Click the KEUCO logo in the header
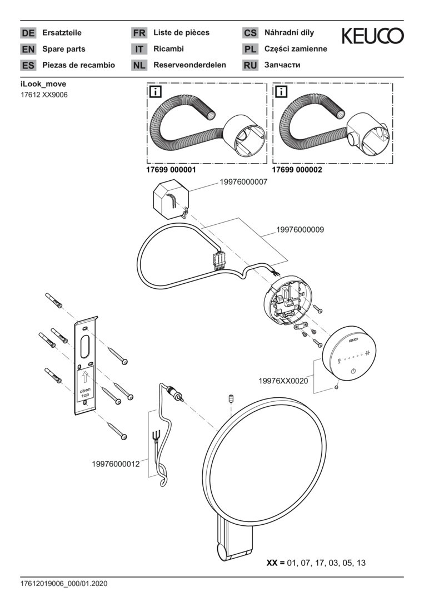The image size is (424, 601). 372,36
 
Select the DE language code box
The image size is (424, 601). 28,33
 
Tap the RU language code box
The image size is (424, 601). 250,65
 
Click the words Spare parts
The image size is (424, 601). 64,49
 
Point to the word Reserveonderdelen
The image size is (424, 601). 190,65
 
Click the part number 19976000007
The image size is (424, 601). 243,181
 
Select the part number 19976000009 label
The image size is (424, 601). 300,230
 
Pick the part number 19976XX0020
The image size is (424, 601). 283,381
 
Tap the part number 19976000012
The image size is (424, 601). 116,464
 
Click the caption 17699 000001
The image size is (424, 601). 171,169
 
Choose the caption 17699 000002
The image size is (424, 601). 297,169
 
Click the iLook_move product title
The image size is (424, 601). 43,84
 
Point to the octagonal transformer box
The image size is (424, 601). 170,200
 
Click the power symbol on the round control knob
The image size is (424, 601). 353,371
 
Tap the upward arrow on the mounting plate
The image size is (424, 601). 86,377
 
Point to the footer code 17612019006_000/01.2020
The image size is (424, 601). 64,584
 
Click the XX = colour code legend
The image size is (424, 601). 316,563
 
